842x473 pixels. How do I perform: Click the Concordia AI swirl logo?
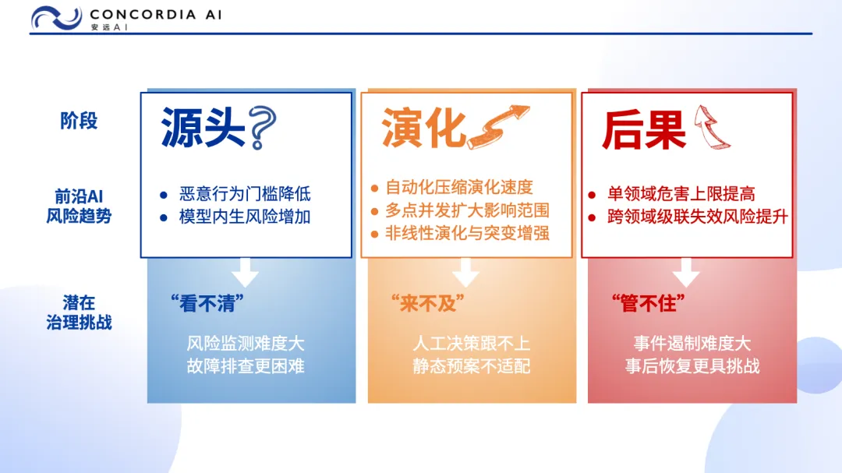point(56,18)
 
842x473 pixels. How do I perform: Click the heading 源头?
point(203,128)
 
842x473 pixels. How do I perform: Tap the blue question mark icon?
point(264,127)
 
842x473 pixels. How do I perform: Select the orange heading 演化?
point(423,128)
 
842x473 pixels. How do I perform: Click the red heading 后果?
point(644,129)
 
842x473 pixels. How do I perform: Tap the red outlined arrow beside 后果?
point(712,127)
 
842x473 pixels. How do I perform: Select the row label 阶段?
point(79,121)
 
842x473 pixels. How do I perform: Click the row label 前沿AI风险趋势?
point(79,206)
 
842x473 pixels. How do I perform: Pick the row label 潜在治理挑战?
point(79,312)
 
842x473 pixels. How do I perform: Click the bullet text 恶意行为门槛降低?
point(245,194)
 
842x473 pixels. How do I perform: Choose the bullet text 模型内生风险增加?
point(245,217)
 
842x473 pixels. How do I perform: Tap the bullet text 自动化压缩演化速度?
point(459,187)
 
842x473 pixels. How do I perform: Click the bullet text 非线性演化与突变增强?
point(467,234)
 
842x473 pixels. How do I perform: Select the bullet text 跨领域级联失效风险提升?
point(698,217)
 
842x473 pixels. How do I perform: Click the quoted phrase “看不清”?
point(207,304)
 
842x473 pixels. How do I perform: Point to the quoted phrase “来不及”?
point(427,304)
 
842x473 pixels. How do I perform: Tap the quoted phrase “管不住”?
point(648,304)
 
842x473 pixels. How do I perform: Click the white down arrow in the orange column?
point(465,272)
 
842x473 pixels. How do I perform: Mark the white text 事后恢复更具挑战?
point(692,366)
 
